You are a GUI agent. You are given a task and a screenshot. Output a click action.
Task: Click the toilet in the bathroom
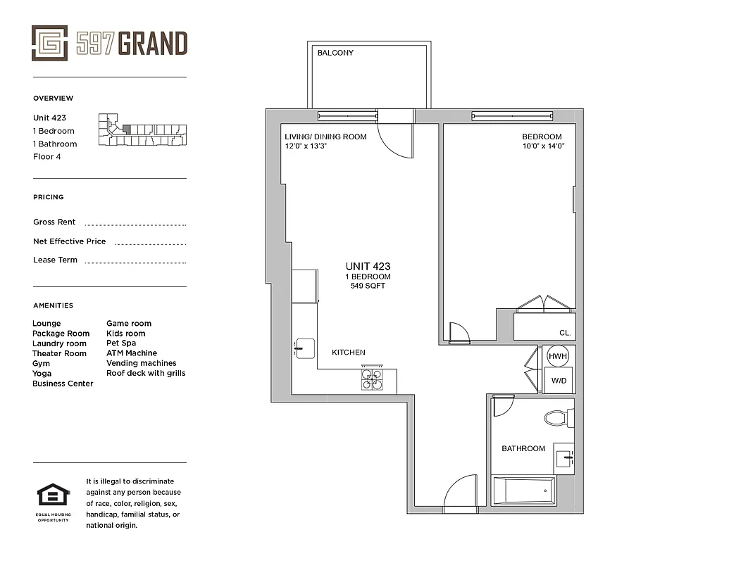pyautogui.click(x=559, y=419)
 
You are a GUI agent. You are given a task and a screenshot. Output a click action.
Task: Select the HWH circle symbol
pyautogui.click(x=558, y=356)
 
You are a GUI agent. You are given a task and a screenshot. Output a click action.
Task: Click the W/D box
pyautogui.click(x=559, y=380)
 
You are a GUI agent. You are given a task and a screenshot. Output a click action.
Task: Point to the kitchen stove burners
pyautogui.click(x=372, y=380)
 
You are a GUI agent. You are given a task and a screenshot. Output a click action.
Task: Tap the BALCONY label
pyautogui.click(x=335, y=53)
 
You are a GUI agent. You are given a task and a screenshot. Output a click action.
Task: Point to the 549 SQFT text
pyautogui.click(x=368, y=286)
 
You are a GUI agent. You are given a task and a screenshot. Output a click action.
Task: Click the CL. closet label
pyautogui.click(x=565, y=333)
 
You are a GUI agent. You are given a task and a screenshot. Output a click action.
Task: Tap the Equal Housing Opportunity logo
pyautogui.click(x=53, y=497)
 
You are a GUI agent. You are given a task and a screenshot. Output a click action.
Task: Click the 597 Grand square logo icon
pyautogui.click(x=50, y=43)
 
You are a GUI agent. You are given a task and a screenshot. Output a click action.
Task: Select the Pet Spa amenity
pyautogui.click(x=121, y=343)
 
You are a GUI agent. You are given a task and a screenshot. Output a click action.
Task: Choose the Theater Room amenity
pyautogui.click(x=59, y=353)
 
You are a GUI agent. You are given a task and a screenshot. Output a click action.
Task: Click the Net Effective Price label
pyautogui.click(x=69, y=241)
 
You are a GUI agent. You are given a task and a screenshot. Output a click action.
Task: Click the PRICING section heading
pyautogui.click(x=48, y=197)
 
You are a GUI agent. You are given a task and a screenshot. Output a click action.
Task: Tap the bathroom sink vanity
pyautogui.click(x=563, y=458)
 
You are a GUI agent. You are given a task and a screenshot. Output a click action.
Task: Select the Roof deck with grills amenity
pyautogui.click(x=146, y=373)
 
